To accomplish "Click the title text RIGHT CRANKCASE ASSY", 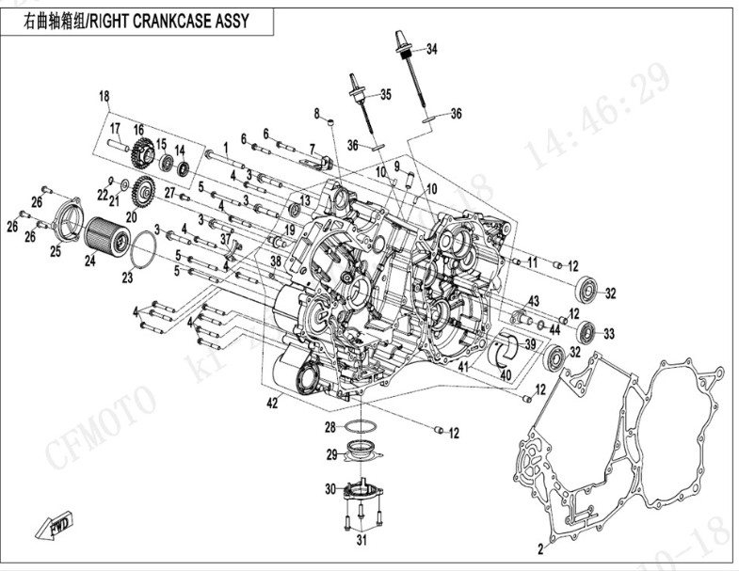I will point(169,21).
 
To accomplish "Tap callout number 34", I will point(432,50).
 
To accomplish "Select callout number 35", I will point(384,94).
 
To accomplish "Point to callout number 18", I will point(104,95).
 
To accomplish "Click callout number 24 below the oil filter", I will point(90,262).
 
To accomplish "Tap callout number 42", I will point(272,404).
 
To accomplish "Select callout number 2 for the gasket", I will point(540,547).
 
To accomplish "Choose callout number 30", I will point(329,489).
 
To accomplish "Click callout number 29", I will point(331,455).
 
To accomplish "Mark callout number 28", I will point(330,427).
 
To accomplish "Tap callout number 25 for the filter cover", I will point(56,251).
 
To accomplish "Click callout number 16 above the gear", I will point(137,129).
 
